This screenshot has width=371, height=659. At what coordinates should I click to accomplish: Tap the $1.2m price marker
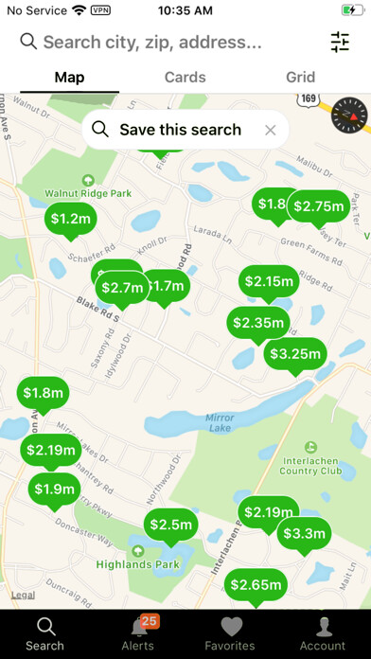(70, 219)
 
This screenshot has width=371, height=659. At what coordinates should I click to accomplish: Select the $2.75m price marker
(318, 206)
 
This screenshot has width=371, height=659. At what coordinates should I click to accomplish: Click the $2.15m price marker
(269, 281)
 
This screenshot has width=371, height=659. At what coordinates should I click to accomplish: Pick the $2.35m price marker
(257, 323)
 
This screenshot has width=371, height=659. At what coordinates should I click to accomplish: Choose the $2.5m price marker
(171, 525)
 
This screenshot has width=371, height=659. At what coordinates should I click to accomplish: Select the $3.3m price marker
(303, 533)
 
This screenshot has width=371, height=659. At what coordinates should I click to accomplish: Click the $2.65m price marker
(256, 585)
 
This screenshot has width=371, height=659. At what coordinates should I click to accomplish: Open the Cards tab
(185, 78)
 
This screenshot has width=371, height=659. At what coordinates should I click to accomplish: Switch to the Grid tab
(300, 78)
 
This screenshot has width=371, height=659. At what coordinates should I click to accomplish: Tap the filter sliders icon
(340, 42)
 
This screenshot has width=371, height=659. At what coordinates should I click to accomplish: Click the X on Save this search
(271, 131)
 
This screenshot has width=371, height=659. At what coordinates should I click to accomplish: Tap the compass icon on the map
(349, 116)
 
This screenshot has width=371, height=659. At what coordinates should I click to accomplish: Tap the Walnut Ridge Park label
(89, 192)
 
